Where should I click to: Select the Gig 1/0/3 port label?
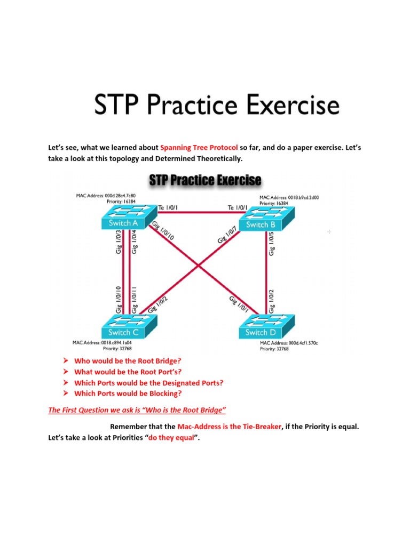coord(119,242)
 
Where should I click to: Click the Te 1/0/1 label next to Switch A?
coord(169,207)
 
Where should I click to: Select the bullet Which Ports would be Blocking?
coord(128,394)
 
